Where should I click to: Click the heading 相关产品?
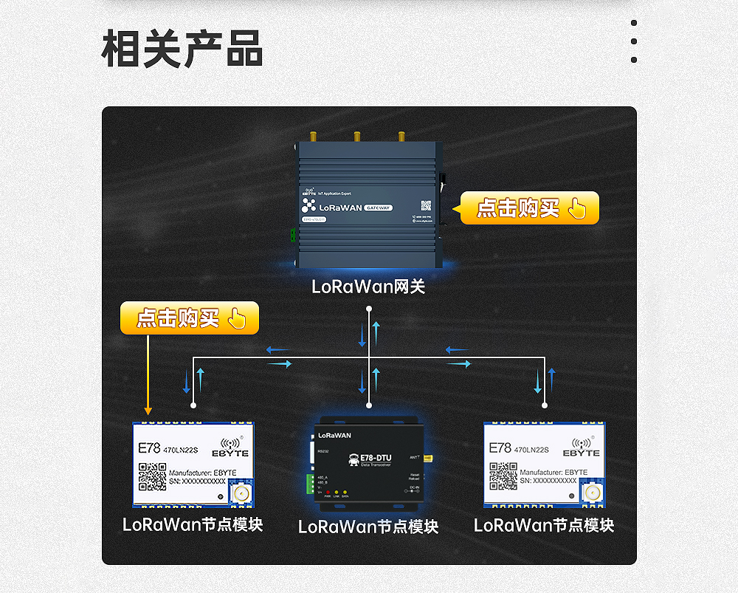[x=182, y=49]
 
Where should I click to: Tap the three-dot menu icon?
[x=634, y=42]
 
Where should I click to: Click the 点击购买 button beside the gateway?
[x=529, y=208]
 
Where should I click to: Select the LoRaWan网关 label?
[x=368, y=287]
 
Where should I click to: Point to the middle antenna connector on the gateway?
[x=357, y=137]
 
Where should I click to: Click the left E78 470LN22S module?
[x=193, y=465]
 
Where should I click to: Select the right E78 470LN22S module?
[x=545, y=465]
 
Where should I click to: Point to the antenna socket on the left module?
[x=240, y=492]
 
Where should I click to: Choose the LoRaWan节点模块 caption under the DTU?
[x=368, y=527]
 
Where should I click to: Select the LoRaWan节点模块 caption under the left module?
[x=193, y=525]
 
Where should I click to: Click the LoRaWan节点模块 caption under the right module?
[x=544, y=525]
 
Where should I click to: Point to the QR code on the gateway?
[x=426, y=205]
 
